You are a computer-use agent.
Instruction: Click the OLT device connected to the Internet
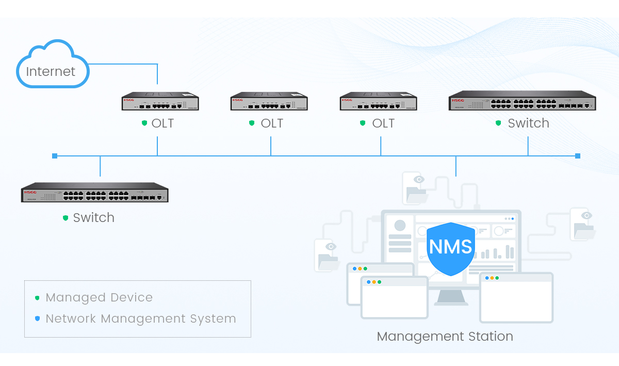(x=160, y=102)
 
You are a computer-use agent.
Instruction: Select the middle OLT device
(x=269, y=102)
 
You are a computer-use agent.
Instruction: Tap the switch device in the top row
(x=523, y=101)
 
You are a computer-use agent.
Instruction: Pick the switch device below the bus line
(x=95, y=193)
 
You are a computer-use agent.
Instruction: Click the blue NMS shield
(x=451, y=248)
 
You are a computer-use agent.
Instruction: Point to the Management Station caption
(x=445, y=337)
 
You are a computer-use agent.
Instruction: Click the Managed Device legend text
(x=99, y=298)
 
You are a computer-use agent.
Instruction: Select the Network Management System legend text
(x=141, y=319)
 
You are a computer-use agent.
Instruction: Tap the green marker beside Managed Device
(x=37, y=298)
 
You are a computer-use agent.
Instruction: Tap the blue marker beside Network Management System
(x=37, y=319)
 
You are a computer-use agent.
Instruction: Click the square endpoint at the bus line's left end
(x=55, y=155)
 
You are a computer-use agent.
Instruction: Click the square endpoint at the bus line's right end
(x=578, y=155)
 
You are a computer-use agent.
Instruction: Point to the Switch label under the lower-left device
(x=93, y=218)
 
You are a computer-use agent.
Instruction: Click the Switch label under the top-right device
(x=528, y=123)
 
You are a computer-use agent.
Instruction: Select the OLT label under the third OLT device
(x=383, y=123)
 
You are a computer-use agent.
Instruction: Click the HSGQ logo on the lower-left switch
(x=29, y=192)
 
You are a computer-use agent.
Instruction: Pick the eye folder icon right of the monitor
(x=583, y=224)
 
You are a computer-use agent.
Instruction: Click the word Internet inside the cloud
(x=51, y=72)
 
